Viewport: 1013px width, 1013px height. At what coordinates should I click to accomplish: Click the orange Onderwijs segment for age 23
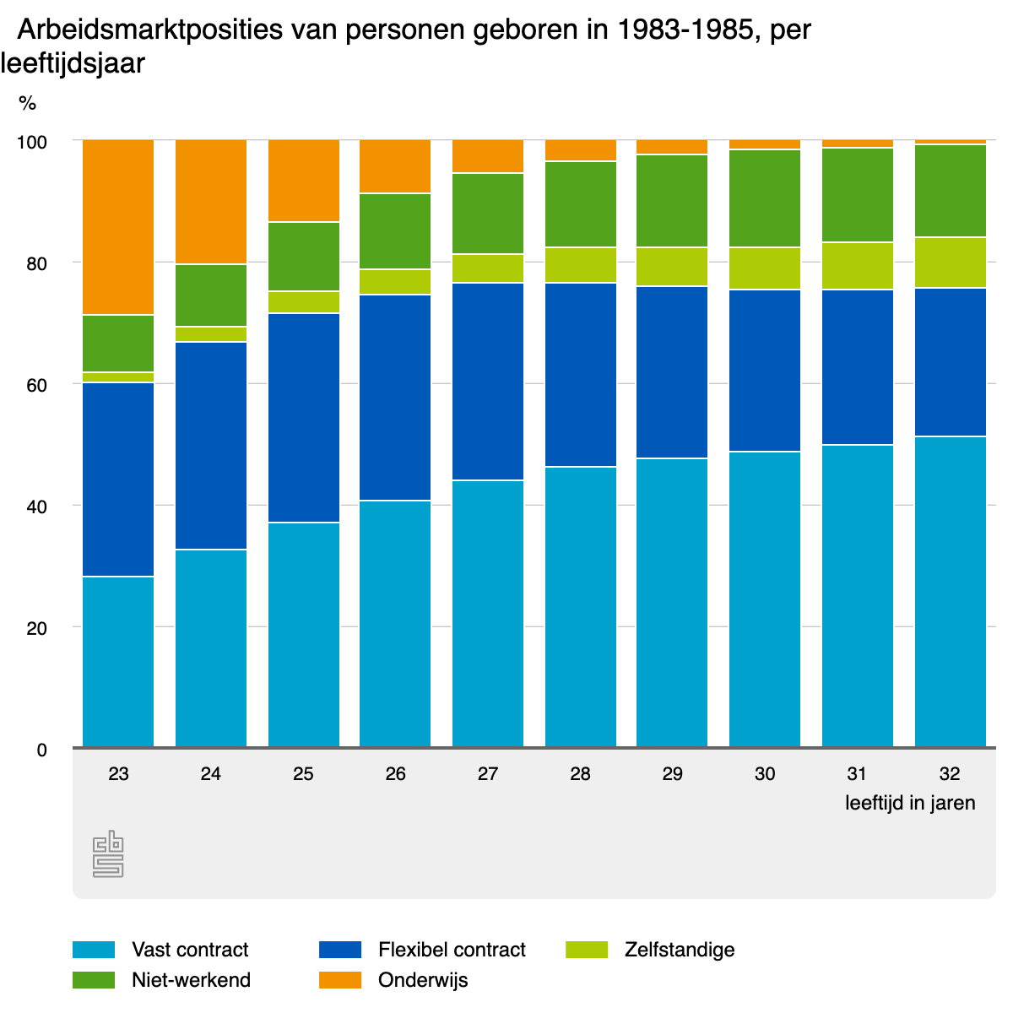118,227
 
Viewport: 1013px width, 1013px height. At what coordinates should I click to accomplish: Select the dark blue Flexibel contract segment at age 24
211,446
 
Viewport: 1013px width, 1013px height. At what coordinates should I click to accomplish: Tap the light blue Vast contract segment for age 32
951,591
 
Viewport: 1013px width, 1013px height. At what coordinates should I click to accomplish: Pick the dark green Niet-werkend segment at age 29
672,201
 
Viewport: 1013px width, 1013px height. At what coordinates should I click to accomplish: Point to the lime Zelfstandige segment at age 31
858,266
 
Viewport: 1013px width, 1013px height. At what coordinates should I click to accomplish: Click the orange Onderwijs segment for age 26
395,166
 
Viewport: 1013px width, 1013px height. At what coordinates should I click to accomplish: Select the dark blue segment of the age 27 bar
488,382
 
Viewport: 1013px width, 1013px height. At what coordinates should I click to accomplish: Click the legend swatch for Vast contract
94,950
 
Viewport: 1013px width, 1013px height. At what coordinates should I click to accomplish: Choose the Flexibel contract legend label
452,950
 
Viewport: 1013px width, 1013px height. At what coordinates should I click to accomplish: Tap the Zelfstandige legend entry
680,950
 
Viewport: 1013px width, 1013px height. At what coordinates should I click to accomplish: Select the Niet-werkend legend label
191,980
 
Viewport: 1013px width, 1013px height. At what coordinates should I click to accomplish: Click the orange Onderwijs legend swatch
340,980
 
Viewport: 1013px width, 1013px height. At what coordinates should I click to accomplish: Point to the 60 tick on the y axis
35,385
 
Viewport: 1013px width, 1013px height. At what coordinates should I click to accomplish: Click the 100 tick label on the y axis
32,142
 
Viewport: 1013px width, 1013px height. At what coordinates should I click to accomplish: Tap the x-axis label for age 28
580,773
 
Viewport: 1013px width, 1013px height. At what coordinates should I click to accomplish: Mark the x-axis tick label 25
303,773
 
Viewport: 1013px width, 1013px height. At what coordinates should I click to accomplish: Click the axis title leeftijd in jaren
910,803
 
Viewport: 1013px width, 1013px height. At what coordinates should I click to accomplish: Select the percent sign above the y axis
28,103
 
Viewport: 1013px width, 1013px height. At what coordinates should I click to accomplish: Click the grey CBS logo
108,854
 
